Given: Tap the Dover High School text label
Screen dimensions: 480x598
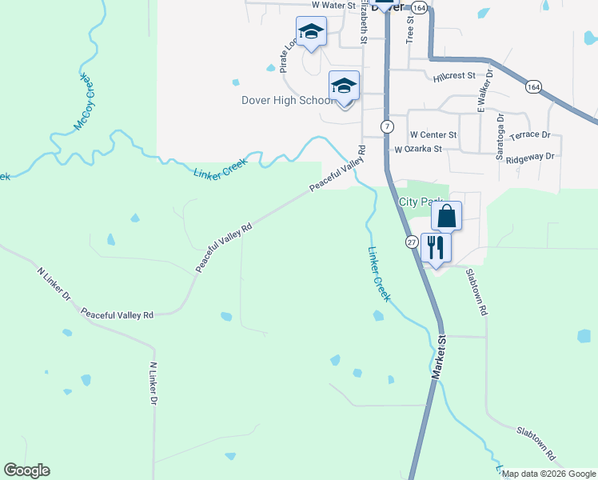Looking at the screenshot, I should click(x=287, y=101).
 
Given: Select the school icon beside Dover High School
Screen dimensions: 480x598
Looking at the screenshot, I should click(x=345, y=86).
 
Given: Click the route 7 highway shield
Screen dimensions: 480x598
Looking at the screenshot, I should click(x=386, y=127).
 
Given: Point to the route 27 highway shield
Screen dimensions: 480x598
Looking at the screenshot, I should click(x=412, y=241).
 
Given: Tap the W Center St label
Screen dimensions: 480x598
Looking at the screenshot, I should click(x=433, y=135).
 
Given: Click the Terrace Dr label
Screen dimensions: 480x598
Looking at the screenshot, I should click(x=530, y=136).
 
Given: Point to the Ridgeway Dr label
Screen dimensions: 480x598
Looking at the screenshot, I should click(x=530, y=157).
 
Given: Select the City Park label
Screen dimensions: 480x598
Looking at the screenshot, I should click(x=420, y=202).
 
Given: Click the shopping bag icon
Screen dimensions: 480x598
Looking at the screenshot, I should click(x=446, y=215).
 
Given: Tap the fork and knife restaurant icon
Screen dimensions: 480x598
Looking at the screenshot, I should click(x=436, y=246).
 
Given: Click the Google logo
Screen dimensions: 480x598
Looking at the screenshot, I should click(x=26, y=470).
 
